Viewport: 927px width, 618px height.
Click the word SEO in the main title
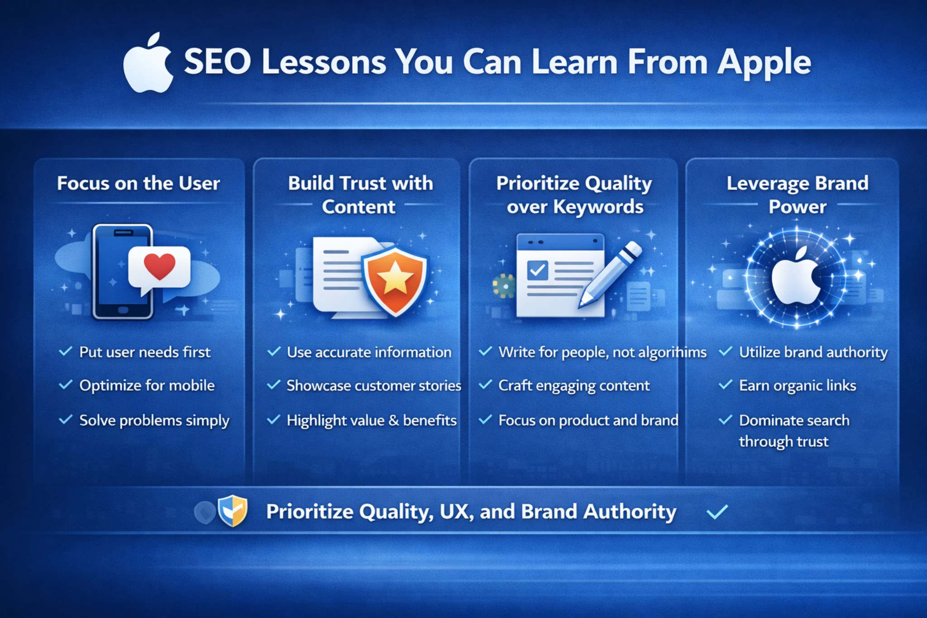point(217,62)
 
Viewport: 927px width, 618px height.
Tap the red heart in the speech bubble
point(159,266)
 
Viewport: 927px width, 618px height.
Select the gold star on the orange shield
point(395,277)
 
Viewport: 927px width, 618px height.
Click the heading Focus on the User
point(139,183)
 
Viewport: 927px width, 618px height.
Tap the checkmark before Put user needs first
point(66,351)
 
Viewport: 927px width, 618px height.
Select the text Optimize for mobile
point(147,385)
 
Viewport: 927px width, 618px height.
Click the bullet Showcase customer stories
point(374,385)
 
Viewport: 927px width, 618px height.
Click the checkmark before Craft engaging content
point(486,385)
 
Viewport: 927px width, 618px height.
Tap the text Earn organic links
point(798,385)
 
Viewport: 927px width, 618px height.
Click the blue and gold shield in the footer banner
point(233,511)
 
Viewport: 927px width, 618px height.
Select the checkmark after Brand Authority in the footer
point(717,512)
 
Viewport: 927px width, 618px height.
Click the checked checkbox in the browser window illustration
point(537,271)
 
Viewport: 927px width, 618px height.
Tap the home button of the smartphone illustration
point(123,310)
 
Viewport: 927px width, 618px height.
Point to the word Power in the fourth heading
point(798,207)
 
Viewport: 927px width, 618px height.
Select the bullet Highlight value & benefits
point(372,420)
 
